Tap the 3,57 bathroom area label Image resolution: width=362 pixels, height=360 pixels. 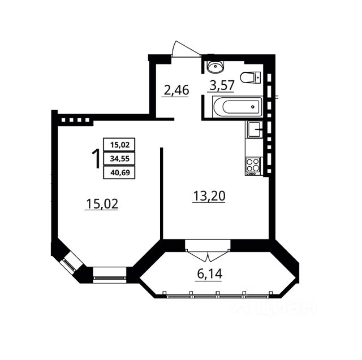[221, 86]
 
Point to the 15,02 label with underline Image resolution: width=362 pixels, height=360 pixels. [102, 204]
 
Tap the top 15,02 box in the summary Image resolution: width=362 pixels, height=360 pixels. [119, 146]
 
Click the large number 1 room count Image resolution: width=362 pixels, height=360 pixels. [96, 158]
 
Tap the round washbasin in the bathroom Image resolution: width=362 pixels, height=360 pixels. [215, 67]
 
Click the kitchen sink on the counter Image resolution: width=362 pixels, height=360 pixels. [253, 130]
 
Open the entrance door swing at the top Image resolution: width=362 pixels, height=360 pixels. [185, 49]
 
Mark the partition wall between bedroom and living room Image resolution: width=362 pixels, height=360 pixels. [162, 192]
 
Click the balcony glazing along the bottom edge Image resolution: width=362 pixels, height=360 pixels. [218, 294]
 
